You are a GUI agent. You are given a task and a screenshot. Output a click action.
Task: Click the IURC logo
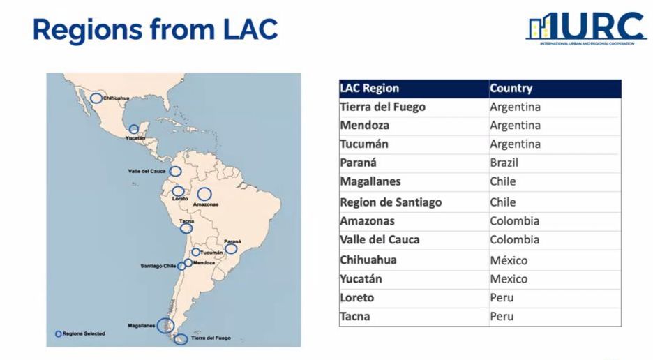(x=586, y=29)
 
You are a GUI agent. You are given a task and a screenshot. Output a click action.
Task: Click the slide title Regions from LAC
(x=155, y=29)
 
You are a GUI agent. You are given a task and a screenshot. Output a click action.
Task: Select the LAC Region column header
(x=370, y=89)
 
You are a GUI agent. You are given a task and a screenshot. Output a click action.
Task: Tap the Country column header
(x=511, y=89)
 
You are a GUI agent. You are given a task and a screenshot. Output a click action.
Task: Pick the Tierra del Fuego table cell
(x=382, y=107)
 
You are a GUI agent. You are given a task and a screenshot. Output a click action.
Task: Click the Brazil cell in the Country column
(x=504, y=163)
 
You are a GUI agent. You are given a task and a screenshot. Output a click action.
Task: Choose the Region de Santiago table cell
(x=391, y=202)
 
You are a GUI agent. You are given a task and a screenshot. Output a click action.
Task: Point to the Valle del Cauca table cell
(x=380, y=240)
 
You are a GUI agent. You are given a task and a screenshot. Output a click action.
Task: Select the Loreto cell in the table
(x=357, y=298)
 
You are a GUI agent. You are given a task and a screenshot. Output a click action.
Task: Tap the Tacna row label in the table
(x=355, y=317)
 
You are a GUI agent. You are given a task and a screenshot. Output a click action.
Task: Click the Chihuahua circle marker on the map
(x=96, y=98)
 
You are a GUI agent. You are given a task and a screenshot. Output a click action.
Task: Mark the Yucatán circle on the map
(x=134, y=129)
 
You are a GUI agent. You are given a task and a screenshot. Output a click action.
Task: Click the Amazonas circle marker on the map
(x=204, y=194)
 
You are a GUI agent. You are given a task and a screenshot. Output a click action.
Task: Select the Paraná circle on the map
(x=231, y=248)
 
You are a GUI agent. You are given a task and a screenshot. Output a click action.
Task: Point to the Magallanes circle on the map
(x=165, y=324)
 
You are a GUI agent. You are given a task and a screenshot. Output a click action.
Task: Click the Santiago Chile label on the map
(x=158, y=266)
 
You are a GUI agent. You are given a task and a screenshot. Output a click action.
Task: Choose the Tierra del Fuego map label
(x=211, y=338)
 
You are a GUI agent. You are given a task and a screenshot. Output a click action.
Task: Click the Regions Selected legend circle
(x=59, y=333)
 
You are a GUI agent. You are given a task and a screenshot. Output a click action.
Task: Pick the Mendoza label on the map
(x=204, y=263)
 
